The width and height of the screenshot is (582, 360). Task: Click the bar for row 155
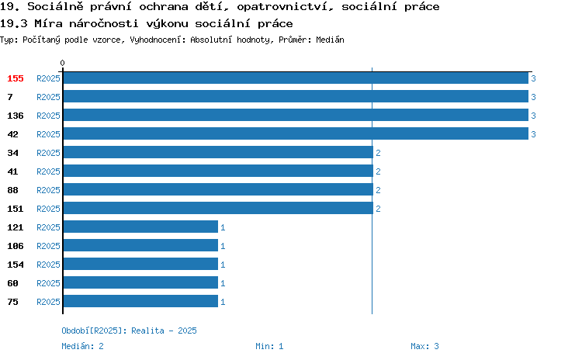coord(296,78)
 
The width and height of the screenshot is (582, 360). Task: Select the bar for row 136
coord(296,115)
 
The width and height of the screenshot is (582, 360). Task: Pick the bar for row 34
coord(218,152)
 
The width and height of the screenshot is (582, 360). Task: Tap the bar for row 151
coord(218,208)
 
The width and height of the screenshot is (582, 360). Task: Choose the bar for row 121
coord(140,227)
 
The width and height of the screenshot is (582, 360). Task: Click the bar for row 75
coord(140,301)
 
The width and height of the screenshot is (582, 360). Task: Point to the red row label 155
coord(16,78)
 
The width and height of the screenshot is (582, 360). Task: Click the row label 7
coord(10,97)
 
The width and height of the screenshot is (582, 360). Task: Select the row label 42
coord(12,134)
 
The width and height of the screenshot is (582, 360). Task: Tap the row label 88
coord(12,190)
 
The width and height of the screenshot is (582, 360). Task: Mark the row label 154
coord(16,265)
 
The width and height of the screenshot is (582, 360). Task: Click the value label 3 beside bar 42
coord(533,134)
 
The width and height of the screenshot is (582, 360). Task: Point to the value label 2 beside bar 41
coord(378,171)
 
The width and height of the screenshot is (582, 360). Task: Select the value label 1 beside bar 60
coord(223,283)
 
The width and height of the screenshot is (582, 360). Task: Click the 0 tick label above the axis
coord(62,63)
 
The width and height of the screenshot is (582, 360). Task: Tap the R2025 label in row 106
coord(48,246)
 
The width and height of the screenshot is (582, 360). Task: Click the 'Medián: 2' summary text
coord(82,346)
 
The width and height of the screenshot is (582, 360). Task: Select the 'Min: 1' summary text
coord(269,346)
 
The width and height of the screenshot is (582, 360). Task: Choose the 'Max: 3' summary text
coord(424,346)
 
